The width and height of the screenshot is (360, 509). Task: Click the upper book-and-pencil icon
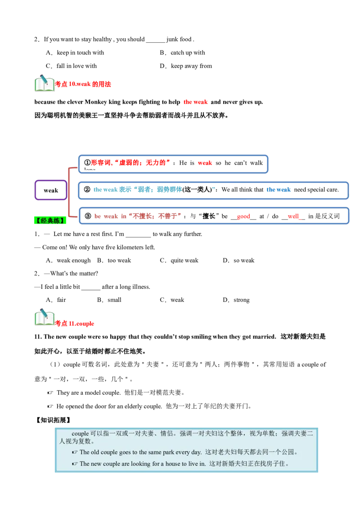[x=44, y=83]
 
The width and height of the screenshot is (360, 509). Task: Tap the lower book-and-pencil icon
[x=44, y=317]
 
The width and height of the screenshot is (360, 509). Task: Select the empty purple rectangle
[x=50, y=190]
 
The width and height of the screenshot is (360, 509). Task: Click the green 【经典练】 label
[x=50, y=220]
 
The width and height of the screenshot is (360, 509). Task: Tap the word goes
[x=124, y=452]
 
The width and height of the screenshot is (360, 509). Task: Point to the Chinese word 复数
[x=85, y=441]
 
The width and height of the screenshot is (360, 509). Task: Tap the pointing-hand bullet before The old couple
[x=75, y=452]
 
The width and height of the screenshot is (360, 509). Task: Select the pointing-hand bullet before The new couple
[x=75, y=464]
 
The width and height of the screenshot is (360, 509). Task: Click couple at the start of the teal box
[x=80, y=434]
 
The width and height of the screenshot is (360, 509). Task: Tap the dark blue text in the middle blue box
[x=279, y=190]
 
